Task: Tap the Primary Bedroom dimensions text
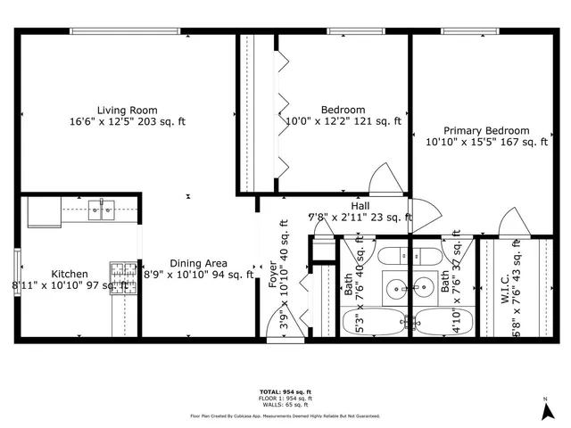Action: click(x=486, y=142)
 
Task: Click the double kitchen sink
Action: click(x=102, y=210)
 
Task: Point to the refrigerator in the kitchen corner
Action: click(x=43, y=211)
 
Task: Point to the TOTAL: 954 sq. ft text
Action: click(x=285, y=391)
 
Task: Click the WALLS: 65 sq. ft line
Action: click(x=285, y=404)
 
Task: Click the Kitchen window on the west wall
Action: click(x=17, y=267)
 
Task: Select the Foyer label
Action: click(x=273, y=274)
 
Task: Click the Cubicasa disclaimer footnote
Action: click(x=285, y=416)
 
